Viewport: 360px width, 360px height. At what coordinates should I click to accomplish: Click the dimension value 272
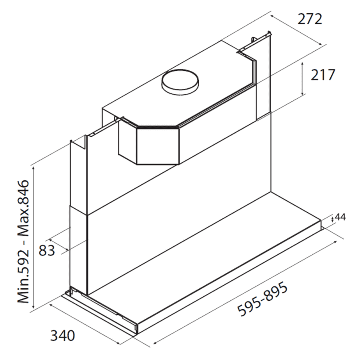[310, 19]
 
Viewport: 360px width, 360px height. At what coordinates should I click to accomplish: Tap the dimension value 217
[323, 75]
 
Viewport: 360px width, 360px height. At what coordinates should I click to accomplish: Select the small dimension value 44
[340, 217]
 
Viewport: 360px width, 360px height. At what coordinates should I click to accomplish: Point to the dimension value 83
[46, 250]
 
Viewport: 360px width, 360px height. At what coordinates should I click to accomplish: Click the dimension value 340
[62, 335]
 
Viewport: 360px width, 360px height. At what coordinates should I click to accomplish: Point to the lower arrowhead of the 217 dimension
[302, 92]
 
